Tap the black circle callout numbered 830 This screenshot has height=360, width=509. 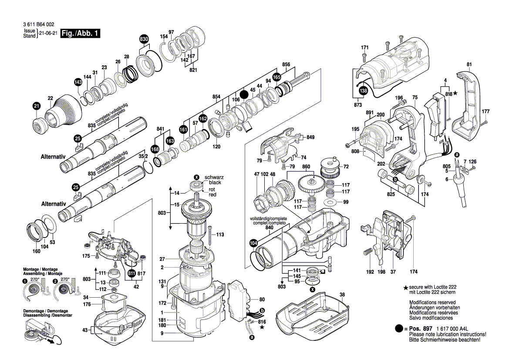(x=144, y=39)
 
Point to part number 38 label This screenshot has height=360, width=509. (x=342, y=295)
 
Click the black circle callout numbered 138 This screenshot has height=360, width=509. (x=363, y=91)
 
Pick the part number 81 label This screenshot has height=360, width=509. (x=469, y=65)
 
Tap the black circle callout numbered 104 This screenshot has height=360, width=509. (x=253, y=243)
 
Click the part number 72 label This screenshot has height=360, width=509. (x=346, y=167)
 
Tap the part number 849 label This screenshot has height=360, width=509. (x=310, y=137)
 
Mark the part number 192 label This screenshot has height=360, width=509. (x=370, y=272)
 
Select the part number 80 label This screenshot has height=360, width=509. (x=262, y=300)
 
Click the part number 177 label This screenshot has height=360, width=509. (x=485, y=112)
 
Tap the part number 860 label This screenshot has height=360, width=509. (x=306, y=167)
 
